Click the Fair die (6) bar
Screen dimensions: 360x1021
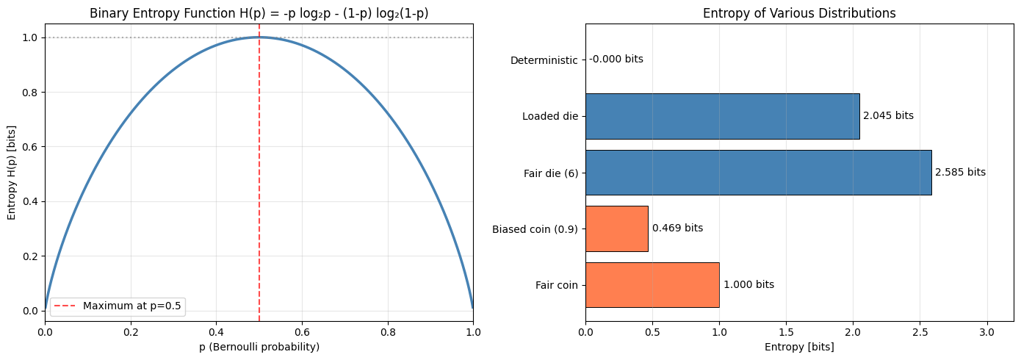click(x=758, y=173)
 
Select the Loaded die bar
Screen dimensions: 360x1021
click(x=722, y=116)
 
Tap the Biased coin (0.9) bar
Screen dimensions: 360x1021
click(x=616, y=228)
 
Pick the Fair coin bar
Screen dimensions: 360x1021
click(x=652, y=285)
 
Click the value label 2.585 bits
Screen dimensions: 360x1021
click(x=960, y=173)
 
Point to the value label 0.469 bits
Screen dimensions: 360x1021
click(x=677, y=228)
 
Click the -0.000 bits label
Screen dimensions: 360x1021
click(x=616, y=60)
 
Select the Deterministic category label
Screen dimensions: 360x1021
click(x=544, y=60)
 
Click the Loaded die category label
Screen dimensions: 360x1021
click(x=549, y=116)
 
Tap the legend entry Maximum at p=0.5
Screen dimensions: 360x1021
click(x=133, y=306)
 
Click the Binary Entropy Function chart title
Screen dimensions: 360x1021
click(x=259, y=13)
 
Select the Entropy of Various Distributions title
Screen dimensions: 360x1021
click(x=799, y=13)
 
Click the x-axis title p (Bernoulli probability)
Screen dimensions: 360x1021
click(x=259, y=347)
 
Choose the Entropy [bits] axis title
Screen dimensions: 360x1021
click(x=799, y=347)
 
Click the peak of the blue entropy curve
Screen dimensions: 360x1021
click(x=259, y=37)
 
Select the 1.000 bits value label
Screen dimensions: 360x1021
click(x=748, y=285)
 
